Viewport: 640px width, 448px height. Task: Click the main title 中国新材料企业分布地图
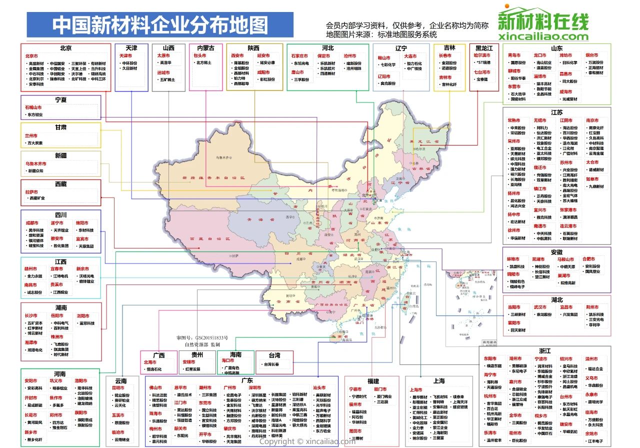pos(160,24)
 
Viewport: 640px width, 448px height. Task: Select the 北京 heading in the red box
pos(65,48)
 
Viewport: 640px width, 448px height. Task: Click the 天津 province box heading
pos(131,48)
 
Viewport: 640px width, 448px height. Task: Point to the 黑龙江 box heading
pos(484,48)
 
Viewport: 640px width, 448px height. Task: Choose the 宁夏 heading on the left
pos(61,100)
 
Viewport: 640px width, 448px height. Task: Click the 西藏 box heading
pos(61,184)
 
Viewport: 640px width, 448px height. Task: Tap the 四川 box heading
pos(61,215)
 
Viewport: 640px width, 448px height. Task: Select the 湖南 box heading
pos(61,307)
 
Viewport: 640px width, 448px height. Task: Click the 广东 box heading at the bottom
pos(246,380)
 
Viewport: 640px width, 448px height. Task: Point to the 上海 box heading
pos(439,381)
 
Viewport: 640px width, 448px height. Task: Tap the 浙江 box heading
pos(544,351)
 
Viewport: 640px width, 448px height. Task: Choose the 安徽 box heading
pos(556,252)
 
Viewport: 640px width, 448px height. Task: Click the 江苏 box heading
pos(556,112)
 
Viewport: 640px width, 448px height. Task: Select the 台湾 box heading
pos(274,355)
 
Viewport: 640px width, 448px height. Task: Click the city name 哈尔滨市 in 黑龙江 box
pos(482,55)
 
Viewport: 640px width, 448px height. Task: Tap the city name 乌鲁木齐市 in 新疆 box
pos(35,163)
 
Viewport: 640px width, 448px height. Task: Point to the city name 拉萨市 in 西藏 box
pos(31,191)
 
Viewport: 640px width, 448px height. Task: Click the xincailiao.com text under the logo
pos(543,36)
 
